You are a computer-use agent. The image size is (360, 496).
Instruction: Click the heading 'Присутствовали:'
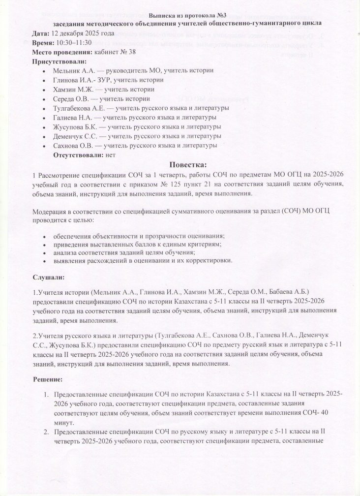coord(59,62)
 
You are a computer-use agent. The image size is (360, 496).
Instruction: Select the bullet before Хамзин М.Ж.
coord(46,90)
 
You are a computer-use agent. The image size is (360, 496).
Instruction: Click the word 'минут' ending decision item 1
coord(63,423)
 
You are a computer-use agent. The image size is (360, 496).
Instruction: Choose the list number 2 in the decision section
coord(45,432)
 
